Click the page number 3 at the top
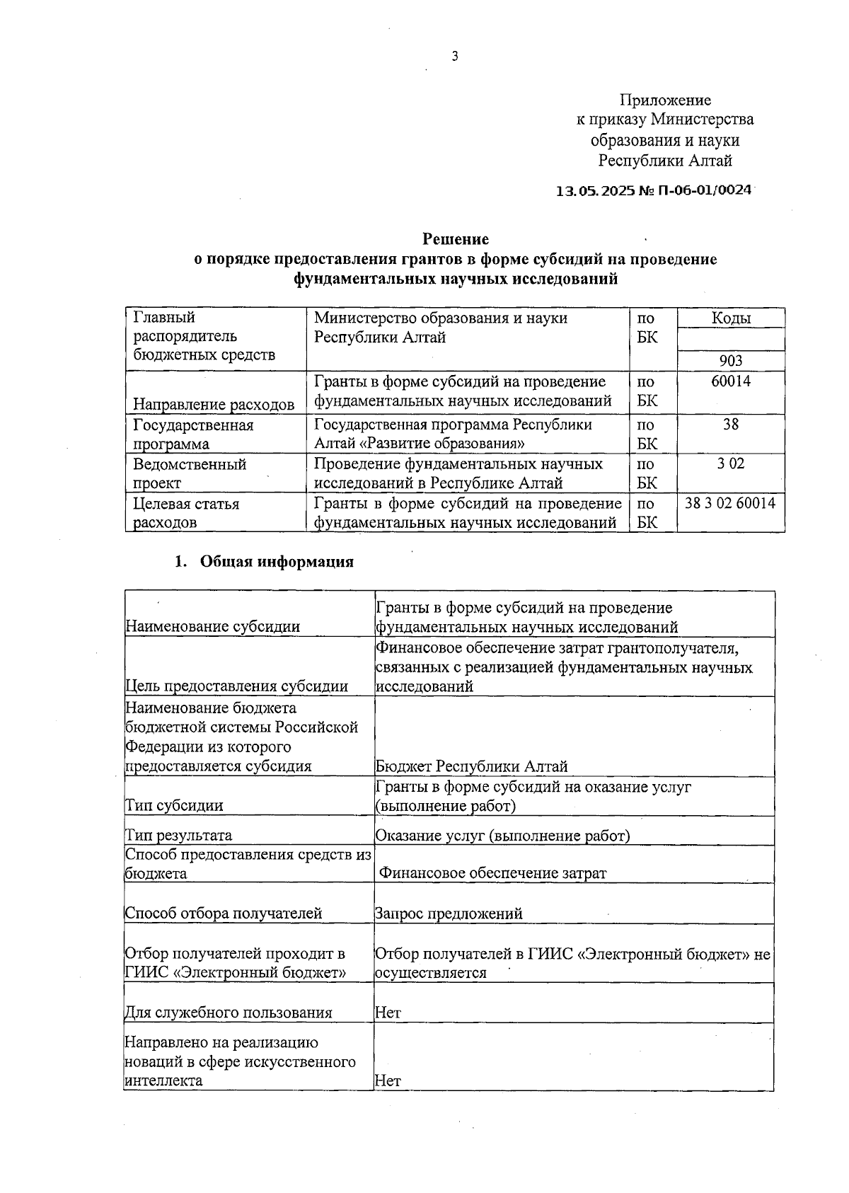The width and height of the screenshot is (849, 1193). [455, 57]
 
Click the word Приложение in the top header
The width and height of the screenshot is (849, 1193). [665, 100]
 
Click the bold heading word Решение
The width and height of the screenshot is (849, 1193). [456, 239]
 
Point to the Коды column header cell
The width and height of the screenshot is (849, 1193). [731, 318]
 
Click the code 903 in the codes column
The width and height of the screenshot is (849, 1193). [730, 361]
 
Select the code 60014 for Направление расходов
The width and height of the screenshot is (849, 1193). [730, 381]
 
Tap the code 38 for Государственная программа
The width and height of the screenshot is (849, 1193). [730, 425]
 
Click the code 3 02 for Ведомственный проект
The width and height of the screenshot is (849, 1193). [730, 463]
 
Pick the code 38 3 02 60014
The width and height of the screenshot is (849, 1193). [730, 503]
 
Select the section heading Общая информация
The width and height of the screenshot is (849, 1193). [277, 562]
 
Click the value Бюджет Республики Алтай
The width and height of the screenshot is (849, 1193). [471, 766]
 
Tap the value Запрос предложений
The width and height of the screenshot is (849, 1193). [449, 913]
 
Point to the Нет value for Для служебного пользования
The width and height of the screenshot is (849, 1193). [388, 1012]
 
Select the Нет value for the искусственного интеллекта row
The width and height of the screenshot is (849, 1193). [388, 1080]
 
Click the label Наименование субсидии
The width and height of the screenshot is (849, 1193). [212, 626]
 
